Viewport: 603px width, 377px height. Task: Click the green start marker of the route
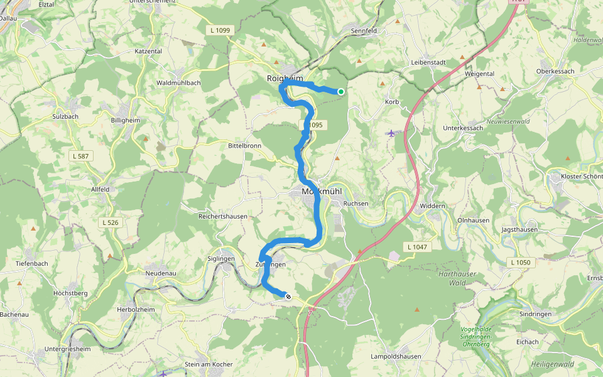(x=341, y=92)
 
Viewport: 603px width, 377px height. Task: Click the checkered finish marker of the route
(x=288, y=297)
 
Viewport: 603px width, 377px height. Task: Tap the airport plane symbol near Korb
(x=392, y=133)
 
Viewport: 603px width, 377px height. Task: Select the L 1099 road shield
(x=219, y=30)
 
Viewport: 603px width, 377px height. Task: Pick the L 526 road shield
(x=111, y=222)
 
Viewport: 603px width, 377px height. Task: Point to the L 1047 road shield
(x=416, y=247)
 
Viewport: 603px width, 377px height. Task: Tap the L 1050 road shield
(x=521, y=262)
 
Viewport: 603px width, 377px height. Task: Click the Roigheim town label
(x=285, y=78)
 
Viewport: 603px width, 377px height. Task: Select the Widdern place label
(x=433, y=206)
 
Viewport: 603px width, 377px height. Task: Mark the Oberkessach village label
(x=555, y=72)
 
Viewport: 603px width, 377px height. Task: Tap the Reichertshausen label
(x=222, y=216)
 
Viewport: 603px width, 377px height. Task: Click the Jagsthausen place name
(x=519, y=230)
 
